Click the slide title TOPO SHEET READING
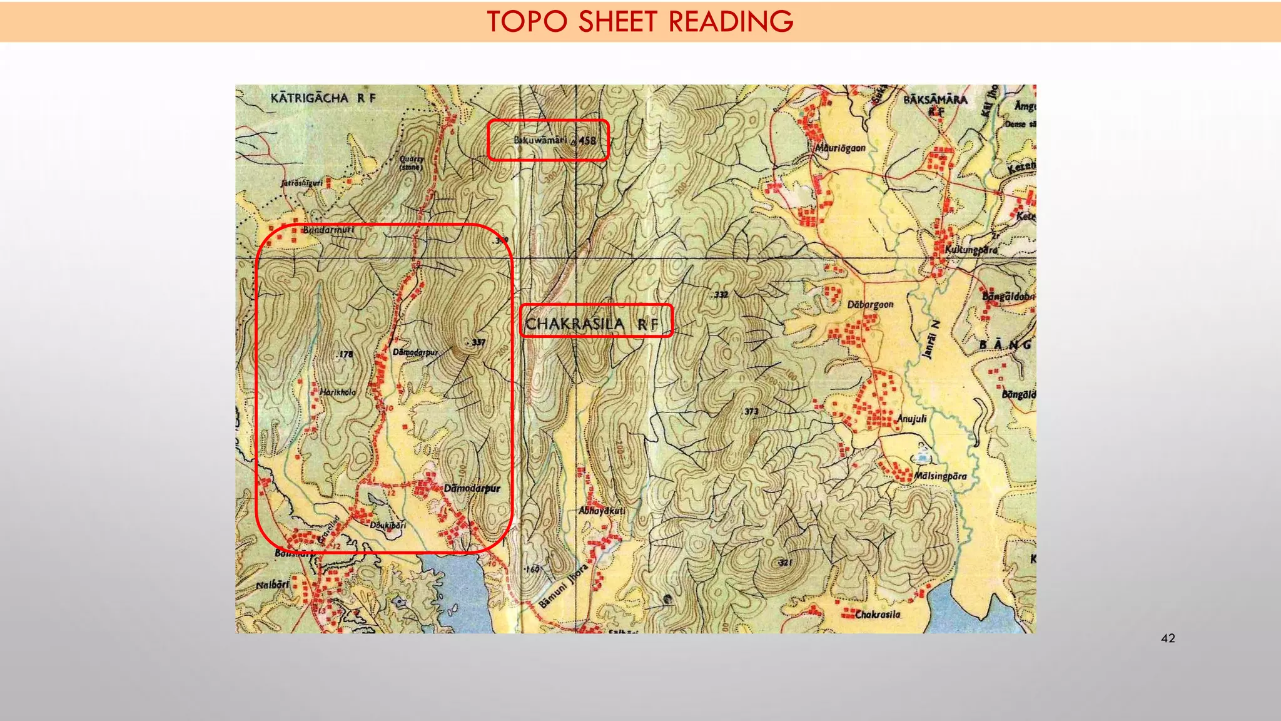click(640, 21)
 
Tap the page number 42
click(1167, 638)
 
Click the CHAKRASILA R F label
click(592, 324)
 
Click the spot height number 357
click(478, 342)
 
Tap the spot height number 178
click(345, 354)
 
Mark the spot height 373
click(751, 411)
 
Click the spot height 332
click(721, 294)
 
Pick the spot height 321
click(785, 563)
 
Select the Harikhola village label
click(338, 392)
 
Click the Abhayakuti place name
click(602, 511)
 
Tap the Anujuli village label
click(911, 419)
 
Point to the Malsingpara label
click(940, 476)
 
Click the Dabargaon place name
click(870, 305)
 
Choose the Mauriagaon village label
click(840, 148)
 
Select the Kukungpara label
click(971, 250)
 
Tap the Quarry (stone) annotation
click(412, 163)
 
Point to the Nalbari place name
click(273, 585)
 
